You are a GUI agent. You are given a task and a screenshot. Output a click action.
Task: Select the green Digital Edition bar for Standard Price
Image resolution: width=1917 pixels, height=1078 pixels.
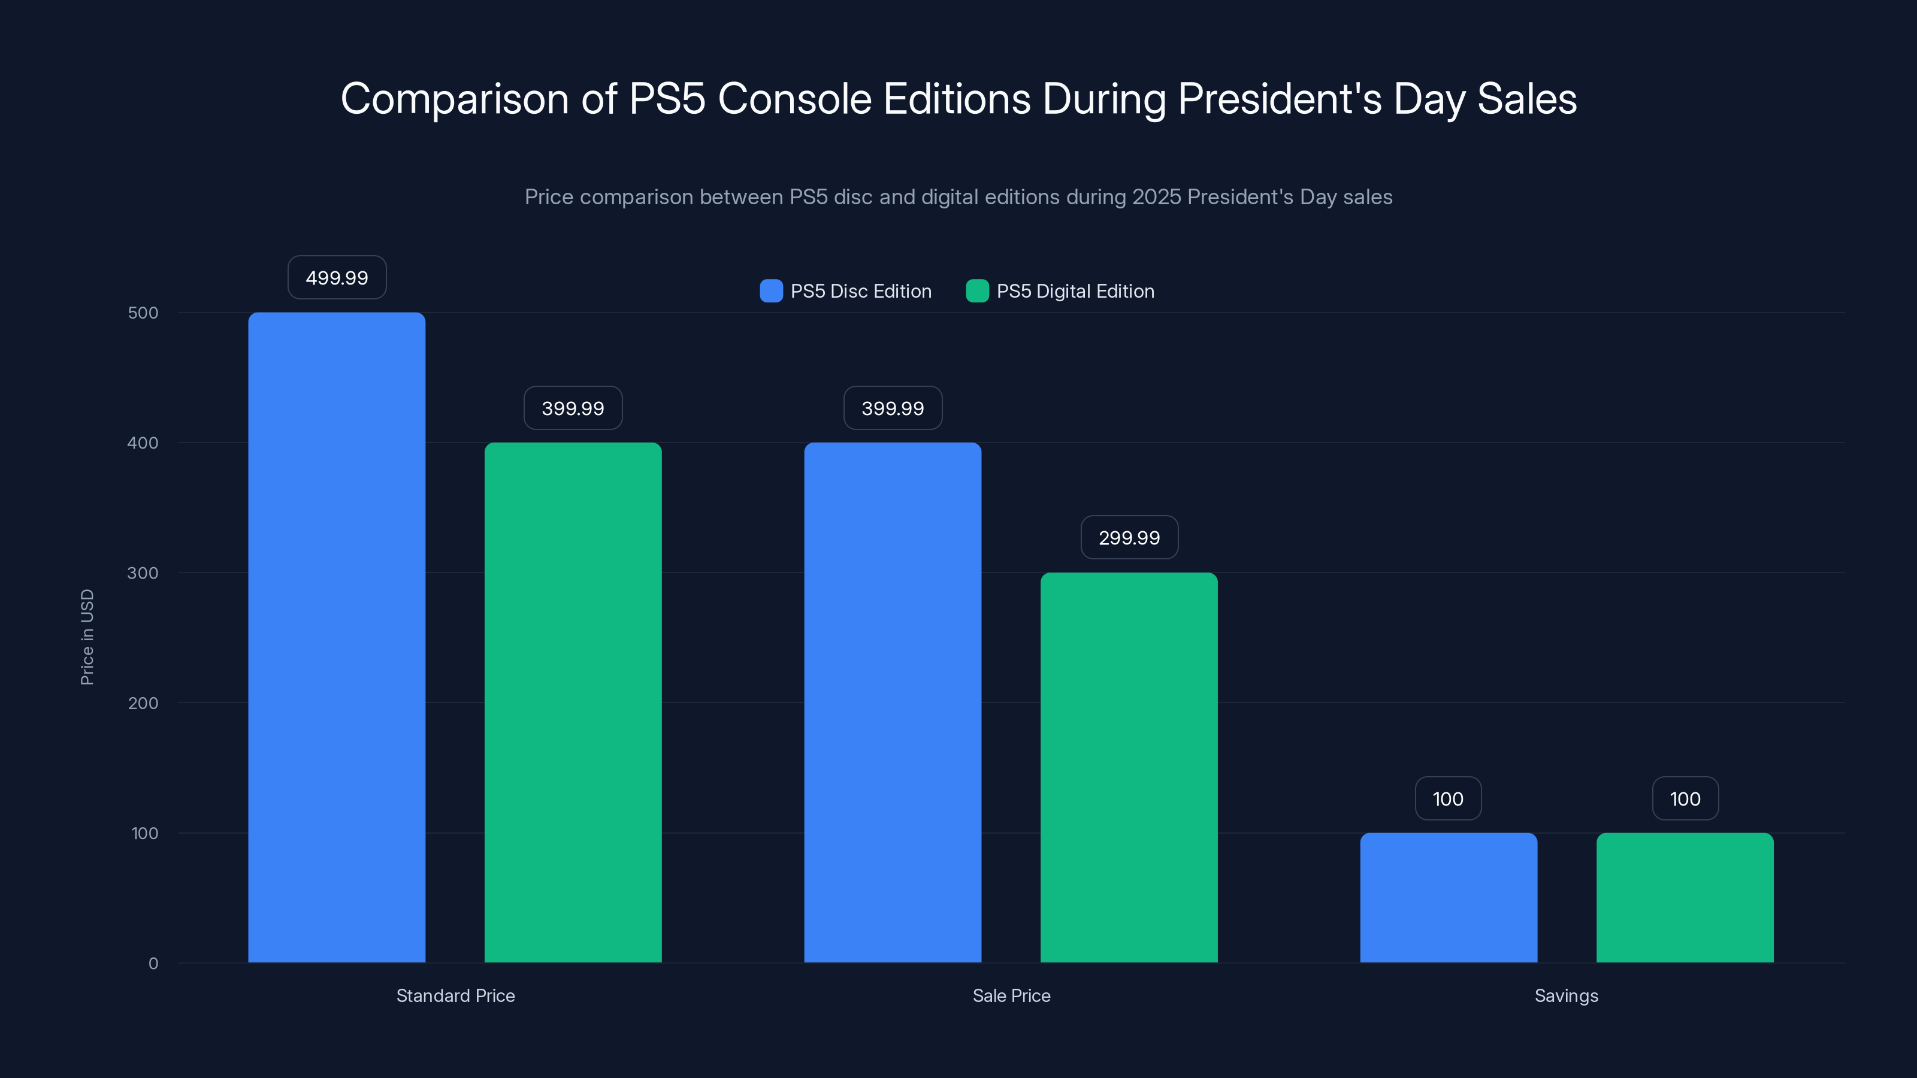573,702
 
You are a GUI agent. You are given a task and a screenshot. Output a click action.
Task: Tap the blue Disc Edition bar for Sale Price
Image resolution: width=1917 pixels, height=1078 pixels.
892,702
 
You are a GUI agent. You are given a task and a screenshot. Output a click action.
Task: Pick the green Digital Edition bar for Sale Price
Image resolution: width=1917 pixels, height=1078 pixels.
1129,767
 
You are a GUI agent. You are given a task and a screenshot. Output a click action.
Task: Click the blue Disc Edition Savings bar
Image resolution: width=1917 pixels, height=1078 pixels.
1448,897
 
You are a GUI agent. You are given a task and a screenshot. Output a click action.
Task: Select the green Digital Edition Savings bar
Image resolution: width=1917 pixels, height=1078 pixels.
1685,897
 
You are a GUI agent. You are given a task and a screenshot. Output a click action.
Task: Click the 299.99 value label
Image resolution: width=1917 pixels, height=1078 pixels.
1129,537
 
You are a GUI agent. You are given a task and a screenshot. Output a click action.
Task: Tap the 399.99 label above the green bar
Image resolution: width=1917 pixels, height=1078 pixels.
573,408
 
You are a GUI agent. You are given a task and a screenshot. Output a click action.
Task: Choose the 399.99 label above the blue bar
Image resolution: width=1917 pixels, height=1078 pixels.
892,408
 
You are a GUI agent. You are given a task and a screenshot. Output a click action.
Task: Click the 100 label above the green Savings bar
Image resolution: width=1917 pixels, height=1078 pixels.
1685,798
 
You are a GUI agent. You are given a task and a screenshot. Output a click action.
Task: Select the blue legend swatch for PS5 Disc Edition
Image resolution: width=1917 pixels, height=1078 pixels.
771,291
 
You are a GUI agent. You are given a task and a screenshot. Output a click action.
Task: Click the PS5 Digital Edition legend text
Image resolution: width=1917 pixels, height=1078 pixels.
1075,291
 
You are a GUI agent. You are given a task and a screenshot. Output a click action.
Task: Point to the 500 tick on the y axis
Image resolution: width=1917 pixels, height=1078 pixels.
143,313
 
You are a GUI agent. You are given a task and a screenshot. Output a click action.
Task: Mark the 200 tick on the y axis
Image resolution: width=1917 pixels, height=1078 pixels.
143,702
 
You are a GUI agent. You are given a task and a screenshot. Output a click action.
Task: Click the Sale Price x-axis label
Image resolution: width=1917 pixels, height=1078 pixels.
1011,995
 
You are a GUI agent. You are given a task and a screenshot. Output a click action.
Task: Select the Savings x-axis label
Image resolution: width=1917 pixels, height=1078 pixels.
1566,995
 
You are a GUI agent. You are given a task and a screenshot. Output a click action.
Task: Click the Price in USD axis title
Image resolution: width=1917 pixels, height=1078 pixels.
87,637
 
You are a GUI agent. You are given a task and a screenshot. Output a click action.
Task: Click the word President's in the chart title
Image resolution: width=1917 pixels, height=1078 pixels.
1279,99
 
